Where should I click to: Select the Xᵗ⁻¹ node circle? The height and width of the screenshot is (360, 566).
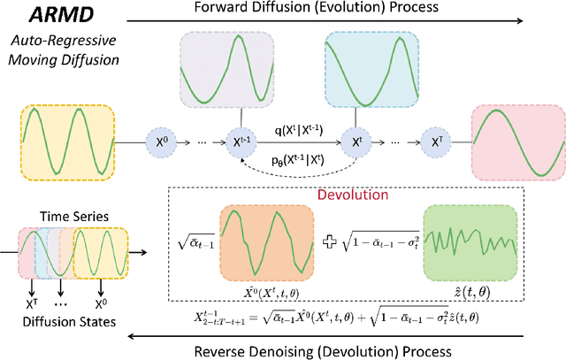click(x=241, y=140)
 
